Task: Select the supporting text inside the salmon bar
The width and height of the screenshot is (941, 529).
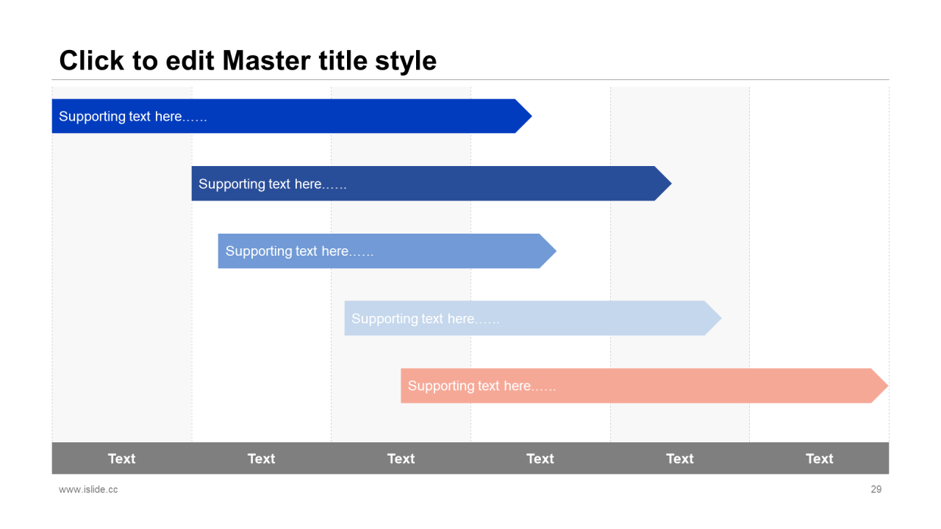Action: click(482, 386)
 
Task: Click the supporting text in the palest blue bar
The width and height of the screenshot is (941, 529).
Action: click(425, 319)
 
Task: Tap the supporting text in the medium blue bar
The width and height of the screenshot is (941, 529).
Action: click(299, 251)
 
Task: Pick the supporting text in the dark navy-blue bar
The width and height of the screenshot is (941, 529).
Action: click(272, 184)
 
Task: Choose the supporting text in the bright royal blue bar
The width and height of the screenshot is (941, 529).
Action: click(132, 116)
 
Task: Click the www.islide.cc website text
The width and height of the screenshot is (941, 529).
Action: click(88, 489)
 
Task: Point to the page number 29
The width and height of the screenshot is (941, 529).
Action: click(876, 489)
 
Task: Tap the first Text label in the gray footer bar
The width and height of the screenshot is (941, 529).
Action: click(121, 458)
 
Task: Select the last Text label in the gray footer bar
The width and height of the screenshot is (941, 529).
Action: click(819, 458)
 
